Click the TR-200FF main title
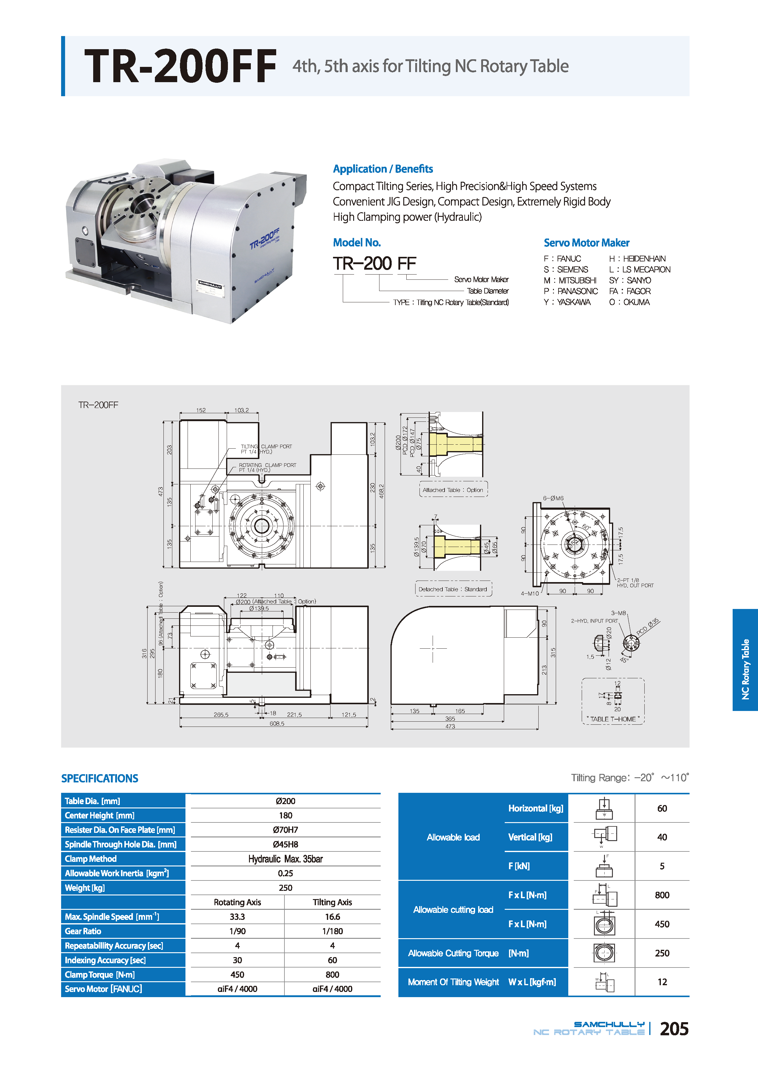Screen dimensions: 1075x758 point(180,67)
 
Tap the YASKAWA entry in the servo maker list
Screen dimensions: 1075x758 point(567,302)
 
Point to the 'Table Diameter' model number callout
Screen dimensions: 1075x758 point(487,291)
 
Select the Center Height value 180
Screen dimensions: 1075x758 point(285,815)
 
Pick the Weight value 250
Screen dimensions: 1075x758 point(285,888)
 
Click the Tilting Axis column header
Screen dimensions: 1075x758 point(332,902)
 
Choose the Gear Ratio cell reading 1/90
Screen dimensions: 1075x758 point(237,931)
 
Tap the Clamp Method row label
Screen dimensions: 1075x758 point(90,859)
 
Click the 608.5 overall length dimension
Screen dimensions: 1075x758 point(276,723)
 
